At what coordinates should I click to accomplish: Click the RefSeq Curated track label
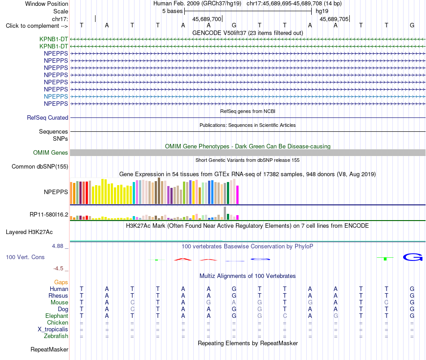pos(48,117)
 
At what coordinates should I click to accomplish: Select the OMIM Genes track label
pos(51,153)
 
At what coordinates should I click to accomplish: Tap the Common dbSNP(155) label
pos(40,167)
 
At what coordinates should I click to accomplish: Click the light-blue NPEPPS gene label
pos(56,96)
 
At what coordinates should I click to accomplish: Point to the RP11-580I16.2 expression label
pos(49,215)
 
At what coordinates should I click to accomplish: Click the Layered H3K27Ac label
pos(29,232)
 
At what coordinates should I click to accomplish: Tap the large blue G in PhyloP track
pos(413,257)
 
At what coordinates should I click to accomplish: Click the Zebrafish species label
pos(56,336)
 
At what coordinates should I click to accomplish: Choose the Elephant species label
pos(57,316)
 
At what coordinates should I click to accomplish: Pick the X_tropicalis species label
pos(53,330)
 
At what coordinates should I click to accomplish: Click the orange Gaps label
pos(61,282)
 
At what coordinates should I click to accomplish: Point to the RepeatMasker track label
pos(49,349)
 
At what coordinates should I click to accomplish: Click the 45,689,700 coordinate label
pos(207,19)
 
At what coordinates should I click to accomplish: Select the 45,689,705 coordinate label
pos(334,19)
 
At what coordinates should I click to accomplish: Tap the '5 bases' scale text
pos(173,11)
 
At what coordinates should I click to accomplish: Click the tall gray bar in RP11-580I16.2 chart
pos(225,213)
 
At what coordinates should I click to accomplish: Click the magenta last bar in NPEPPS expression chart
pos(238,195)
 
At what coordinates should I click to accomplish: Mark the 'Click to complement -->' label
pos(37,26)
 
